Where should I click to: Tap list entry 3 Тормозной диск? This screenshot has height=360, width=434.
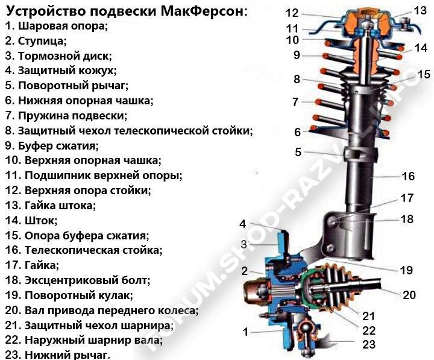(x=58, y=56)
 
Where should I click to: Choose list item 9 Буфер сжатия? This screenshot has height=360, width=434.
(x=51, y=145)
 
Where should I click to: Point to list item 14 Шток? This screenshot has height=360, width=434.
(x=31, y=220)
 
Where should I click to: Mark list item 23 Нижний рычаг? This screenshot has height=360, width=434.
(x=57, y=355)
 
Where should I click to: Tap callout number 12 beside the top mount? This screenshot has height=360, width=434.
(x=292, y=13)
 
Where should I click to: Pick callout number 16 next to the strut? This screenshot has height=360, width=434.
(x=408, y=176)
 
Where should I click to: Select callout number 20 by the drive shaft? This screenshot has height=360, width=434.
(x=409, y=294)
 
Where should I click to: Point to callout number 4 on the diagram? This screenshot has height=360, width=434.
(x=243, y=224)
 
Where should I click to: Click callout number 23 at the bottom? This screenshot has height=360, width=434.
(x=369, y=345)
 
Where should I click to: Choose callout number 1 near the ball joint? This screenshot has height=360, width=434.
(x=245, y=331)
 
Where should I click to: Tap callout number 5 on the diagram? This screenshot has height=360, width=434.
(x=298, y=152)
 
